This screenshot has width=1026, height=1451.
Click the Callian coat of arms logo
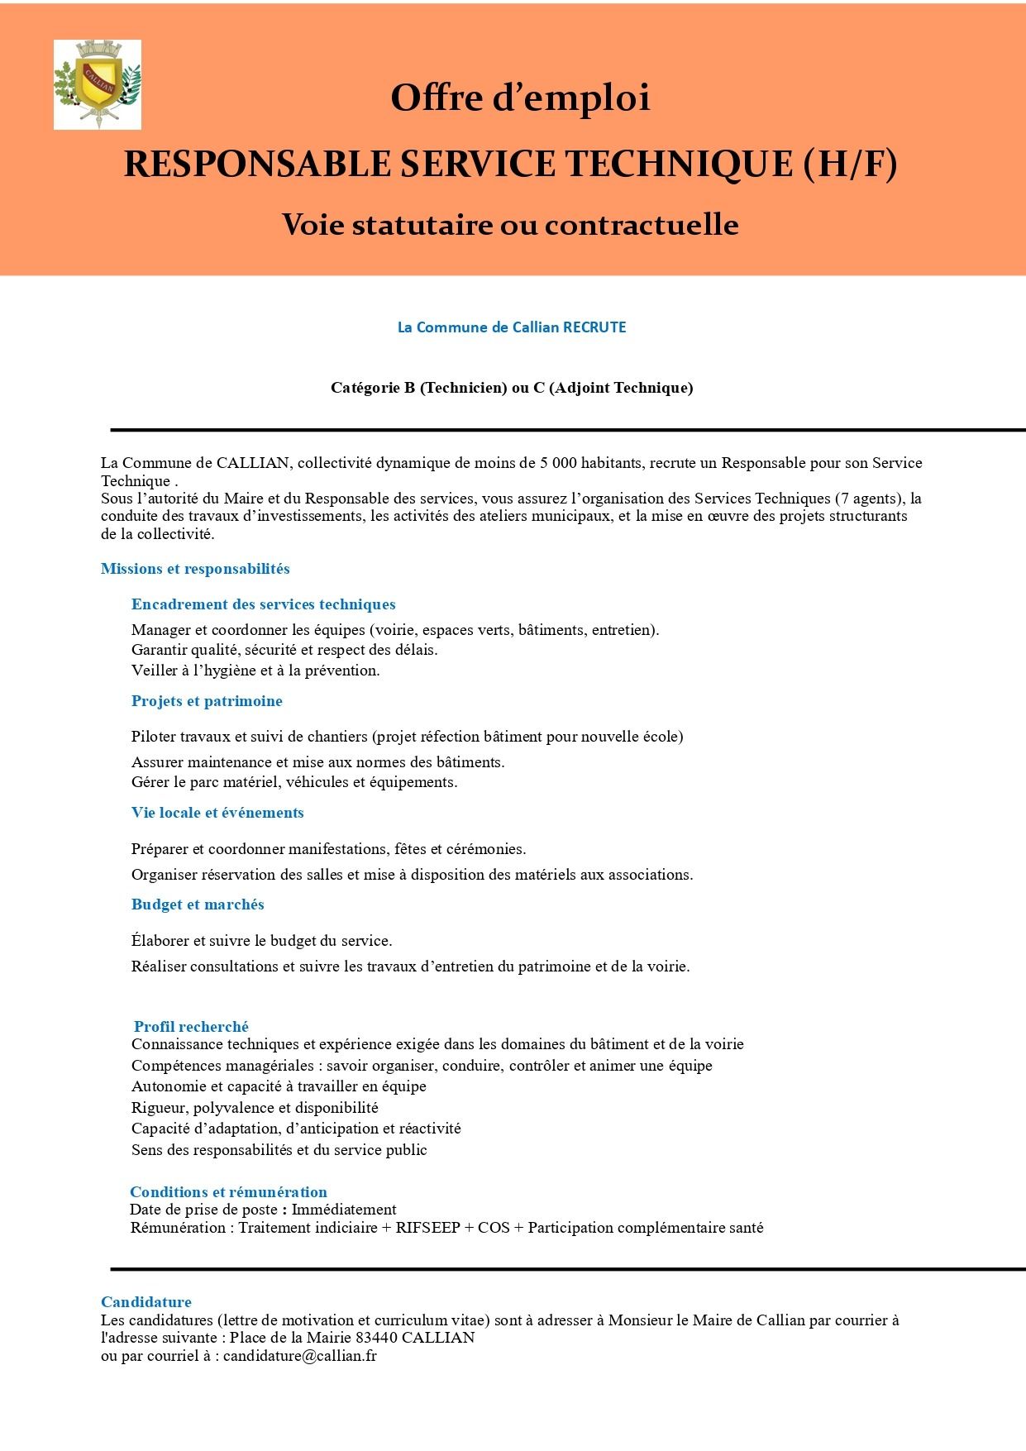tap(98, 84)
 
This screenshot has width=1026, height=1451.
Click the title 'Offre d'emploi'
tap(520, 98)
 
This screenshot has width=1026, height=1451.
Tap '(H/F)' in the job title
tap(849, 164)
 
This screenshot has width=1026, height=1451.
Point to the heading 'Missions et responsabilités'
tap(195, 569)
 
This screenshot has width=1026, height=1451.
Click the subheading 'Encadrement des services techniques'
tap(263, 604)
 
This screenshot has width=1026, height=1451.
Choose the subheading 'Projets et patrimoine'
tap(207, 701)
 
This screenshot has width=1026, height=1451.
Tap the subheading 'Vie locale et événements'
tap(217, 813)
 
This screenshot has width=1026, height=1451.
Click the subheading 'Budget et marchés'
tap(198, 904)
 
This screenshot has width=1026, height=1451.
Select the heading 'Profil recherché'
tap(191, 1027)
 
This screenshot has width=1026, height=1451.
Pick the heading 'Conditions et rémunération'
tap(228, 1192)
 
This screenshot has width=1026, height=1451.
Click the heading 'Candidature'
tap(146, 1302)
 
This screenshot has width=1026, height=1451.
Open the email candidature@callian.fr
tap(300, 1356)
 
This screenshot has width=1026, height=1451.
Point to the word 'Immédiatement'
tap(344, 1210)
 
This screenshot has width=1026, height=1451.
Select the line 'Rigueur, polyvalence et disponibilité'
tap(255, 1108)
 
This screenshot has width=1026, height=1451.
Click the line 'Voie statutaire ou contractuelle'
tap(510, 225)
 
